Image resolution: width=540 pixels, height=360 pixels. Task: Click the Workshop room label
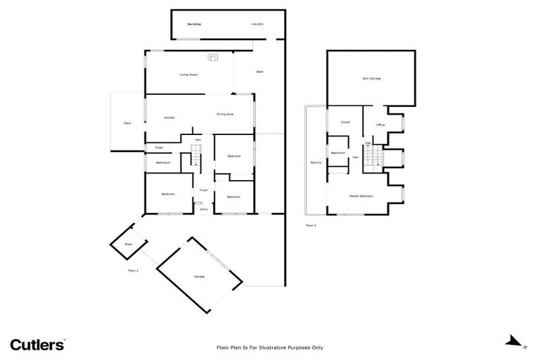(x=195, y=24)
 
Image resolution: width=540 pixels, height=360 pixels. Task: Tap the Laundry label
(x=257, y=24)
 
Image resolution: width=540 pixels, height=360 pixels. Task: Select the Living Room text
(x=188, y=74)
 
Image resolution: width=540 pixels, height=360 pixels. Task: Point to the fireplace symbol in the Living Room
(x=212, y=58)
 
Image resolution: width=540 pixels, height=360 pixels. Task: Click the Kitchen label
(x=169, y=117)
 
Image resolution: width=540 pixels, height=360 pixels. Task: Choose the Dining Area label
(x=225, y=114)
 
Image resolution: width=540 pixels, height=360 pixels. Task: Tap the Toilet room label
(x=159, y=148)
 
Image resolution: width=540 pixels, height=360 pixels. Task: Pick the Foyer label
(x=203, y=190)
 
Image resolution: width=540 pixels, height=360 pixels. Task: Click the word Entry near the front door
(x=204, y=210)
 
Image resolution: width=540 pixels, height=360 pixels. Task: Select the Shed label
(x=128, y=244)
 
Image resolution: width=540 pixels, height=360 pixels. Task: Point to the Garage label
(x=200, y=276)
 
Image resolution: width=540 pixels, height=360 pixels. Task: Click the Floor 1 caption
(x=133, y=270)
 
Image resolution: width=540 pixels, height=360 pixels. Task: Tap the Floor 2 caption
(x=311, y=225)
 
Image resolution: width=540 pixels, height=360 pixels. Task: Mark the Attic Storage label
(x=371, y=79)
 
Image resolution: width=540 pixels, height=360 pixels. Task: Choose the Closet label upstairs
(x=345, y=122)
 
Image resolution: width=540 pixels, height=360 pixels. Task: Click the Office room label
(x=380, y=125)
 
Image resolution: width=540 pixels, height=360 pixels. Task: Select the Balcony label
(x=316, y=163)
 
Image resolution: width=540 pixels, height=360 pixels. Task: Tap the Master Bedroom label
(x=361, y=195)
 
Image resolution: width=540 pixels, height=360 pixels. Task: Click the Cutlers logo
(x=37, y=344)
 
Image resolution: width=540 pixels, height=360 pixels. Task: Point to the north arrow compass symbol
(x=512, y=343)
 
